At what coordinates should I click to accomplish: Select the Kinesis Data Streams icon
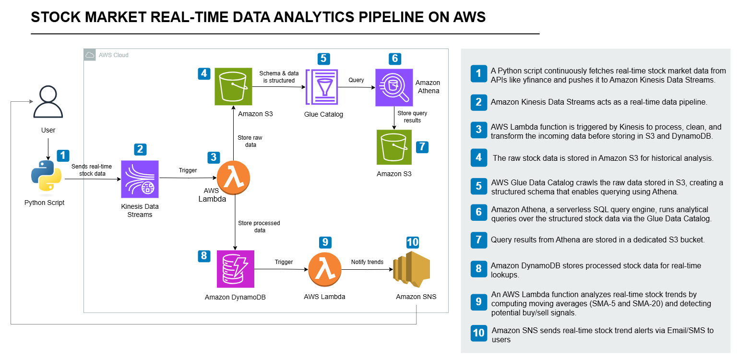point(140,179)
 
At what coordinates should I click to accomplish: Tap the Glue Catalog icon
point(324,87)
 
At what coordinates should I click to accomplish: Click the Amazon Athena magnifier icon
point(394,87)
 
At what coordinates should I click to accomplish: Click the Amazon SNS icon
point(412,270)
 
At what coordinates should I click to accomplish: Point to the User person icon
point(48,102)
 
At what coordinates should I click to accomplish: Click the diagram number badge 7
point(422,147)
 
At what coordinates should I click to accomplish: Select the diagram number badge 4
point(204,74)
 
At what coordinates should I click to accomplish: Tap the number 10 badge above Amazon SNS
point(413,242)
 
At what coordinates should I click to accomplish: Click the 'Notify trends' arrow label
point(367,262)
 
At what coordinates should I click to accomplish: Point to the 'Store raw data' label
point(250,141)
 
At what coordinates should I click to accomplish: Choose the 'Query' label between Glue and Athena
point(356,80)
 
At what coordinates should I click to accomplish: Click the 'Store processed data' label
point(259,227)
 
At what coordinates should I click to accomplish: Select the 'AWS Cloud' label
point(114,55)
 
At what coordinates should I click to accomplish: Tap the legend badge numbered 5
point(478,186)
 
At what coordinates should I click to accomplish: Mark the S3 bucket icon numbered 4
point(233,87)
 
